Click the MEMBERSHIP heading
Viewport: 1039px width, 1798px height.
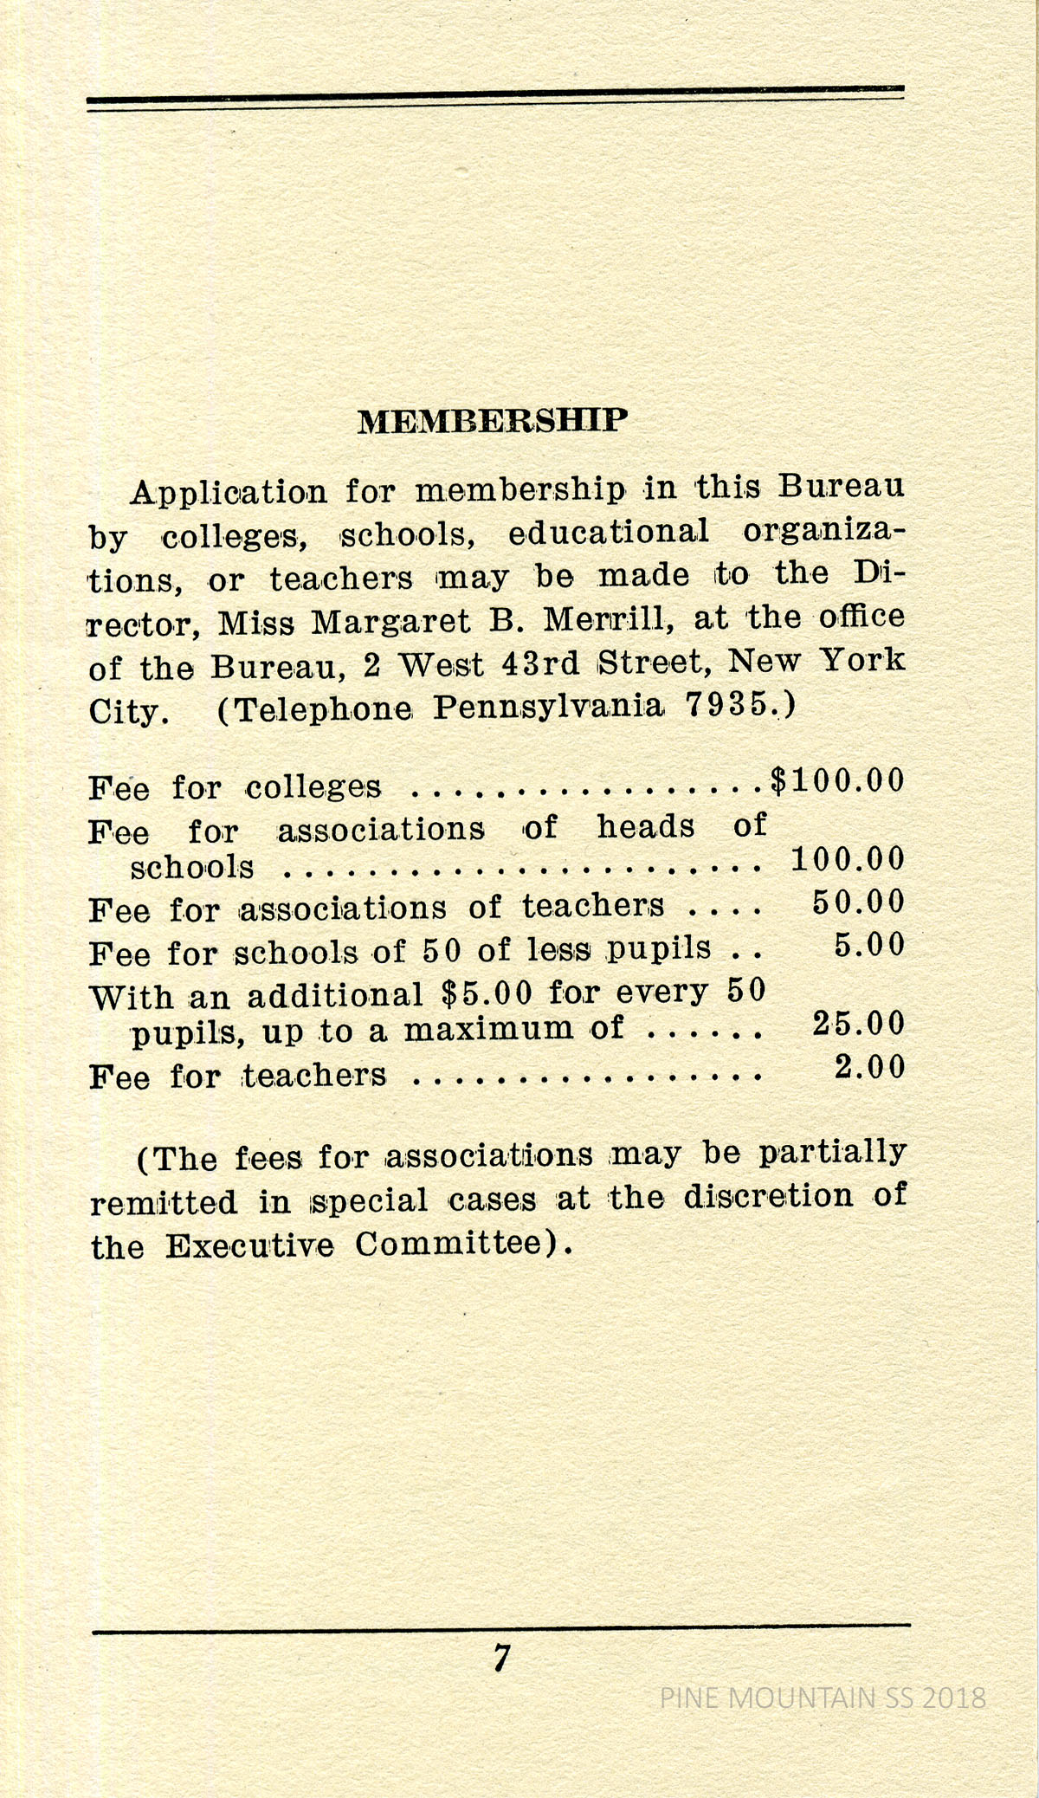click(x=492, y=421)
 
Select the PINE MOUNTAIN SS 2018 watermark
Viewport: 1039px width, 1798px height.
click(x=823, y=1697)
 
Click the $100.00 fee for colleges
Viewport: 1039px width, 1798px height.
click(x=837, y=780)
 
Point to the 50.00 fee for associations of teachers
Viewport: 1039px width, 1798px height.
click(x=858, y=902)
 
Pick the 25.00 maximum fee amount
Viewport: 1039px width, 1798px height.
click(x=858, y=1024)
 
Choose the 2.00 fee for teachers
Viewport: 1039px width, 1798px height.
click(x=869, y=1067)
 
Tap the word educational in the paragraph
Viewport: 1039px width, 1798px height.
click(x=608, y=531)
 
